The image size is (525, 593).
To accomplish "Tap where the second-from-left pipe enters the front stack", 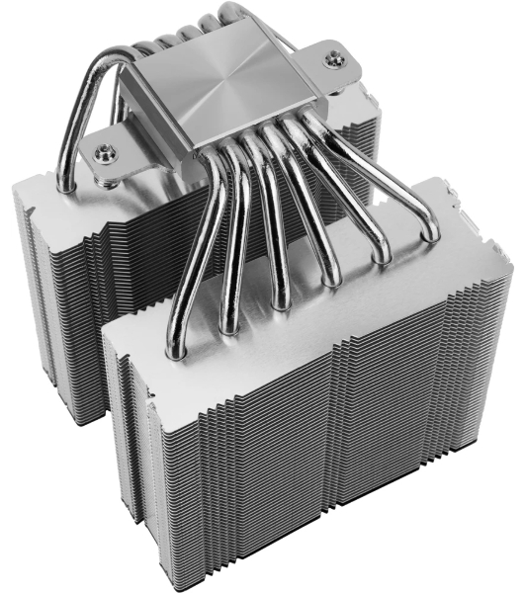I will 229,327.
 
